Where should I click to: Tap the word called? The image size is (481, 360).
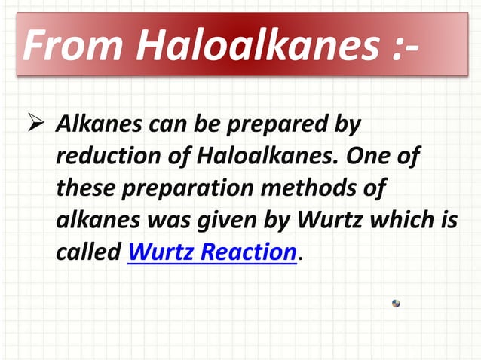(x=88, y=252)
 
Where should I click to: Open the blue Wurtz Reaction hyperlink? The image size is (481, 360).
(x=212, y=252)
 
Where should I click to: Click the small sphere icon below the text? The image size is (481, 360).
(x=396, y=303)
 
